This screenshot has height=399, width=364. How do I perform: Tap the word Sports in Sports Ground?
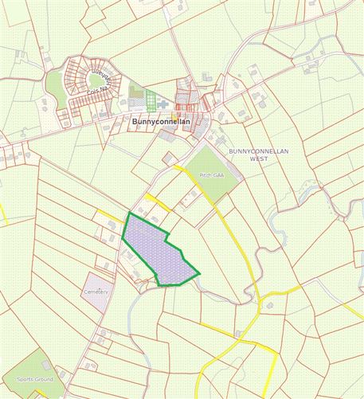coord(25,379)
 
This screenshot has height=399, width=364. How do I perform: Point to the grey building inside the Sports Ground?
coord(47,366)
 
